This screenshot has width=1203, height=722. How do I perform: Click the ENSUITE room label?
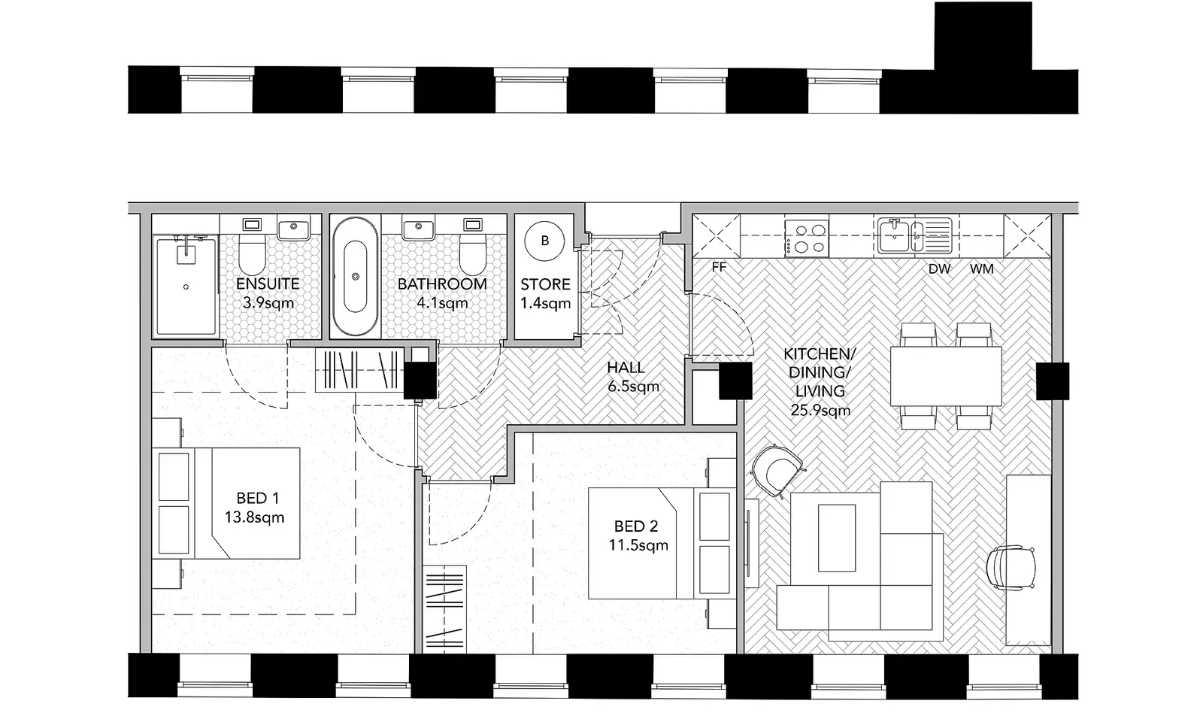pos(268,284)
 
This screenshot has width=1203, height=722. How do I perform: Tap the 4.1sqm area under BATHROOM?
pos(442,304)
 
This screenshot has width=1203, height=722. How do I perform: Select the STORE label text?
pos(545,285)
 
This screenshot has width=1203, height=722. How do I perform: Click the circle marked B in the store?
pos(545,241)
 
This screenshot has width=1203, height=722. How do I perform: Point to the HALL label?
pos(626,368)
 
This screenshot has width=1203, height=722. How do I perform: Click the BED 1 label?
pos(257,498)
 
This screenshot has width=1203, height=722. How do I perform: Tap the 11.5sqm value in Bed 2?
pos(638,545)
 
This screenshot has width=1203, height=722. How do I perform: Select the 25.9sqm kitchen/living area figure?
pos(820,411)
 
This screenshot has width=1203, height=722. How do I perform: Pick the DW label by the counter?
pos(939,268)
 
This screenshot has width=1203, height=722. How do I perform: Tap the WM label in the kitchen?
pos(981,268)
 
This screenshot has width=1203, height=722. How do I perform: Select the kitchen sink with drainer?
pos(913,235)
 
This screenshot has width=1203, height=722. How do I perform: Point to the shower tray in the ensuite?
pos(185,286)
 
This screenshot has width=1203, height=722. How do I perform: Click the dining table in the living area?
pos(946,375)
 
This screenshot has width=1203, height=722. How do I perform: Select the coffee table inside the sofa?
pos(837,538)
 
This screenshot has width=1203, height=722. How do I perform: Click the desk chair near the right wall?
pos(1011,568)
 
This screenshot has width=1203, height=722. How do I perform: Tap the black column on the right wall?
pos(1052,381)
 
